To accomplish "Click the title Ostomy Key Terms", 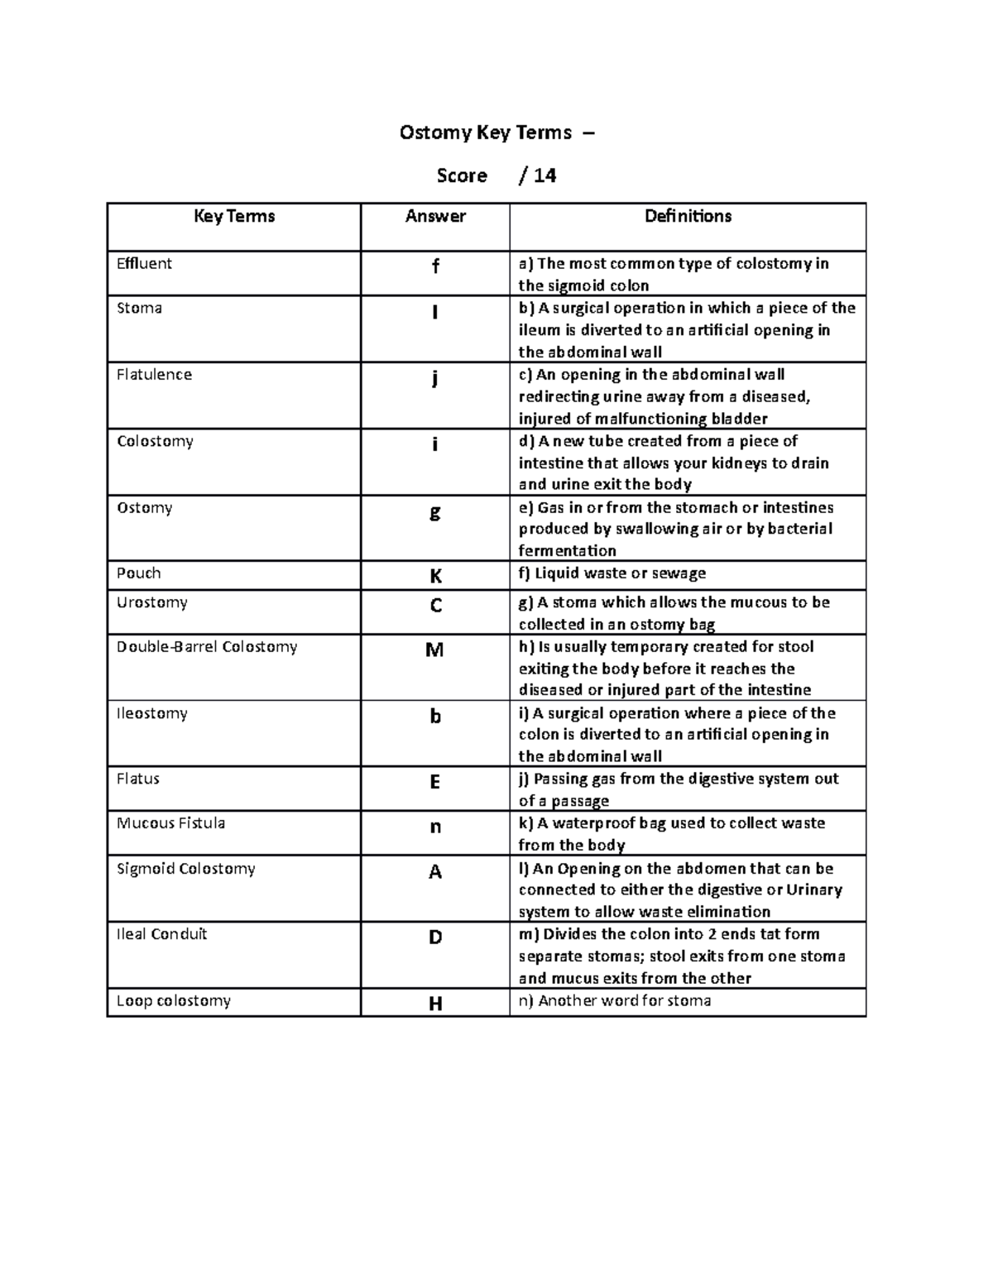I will pos(486,132).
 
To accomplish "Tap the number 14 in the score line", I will pos(544,175).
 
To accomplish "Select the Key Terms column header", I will pos(234,217).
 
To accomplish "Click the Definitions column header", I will pos(688,217).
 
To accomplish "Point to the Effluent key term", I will pos(144,264).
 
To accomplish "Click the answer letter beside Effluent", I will pos(435,266).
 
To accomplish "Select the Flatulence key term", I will pos(154,375).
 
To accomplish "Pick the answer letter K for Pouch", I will pos(435,576).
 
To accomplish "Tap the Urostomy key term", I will pos(151,602).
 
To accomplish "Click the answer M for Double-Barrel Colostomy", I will pos(434,650).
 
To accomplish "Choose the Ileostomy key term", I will pos(151,713).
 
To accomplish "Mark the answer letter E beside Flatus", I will pos(435,782).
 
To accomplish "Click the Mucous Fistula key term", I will pos(170,823).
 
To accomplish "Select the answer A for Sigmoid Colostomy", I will pos(435,872).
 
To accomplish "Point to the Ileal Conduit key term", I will pos(161,934).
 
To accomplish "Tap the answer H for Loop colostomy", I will pos(435,1005).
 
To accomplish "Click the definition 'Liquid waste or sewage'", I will pos(612,573).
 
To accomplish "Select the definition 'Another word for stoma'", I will pos(615,1001).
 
